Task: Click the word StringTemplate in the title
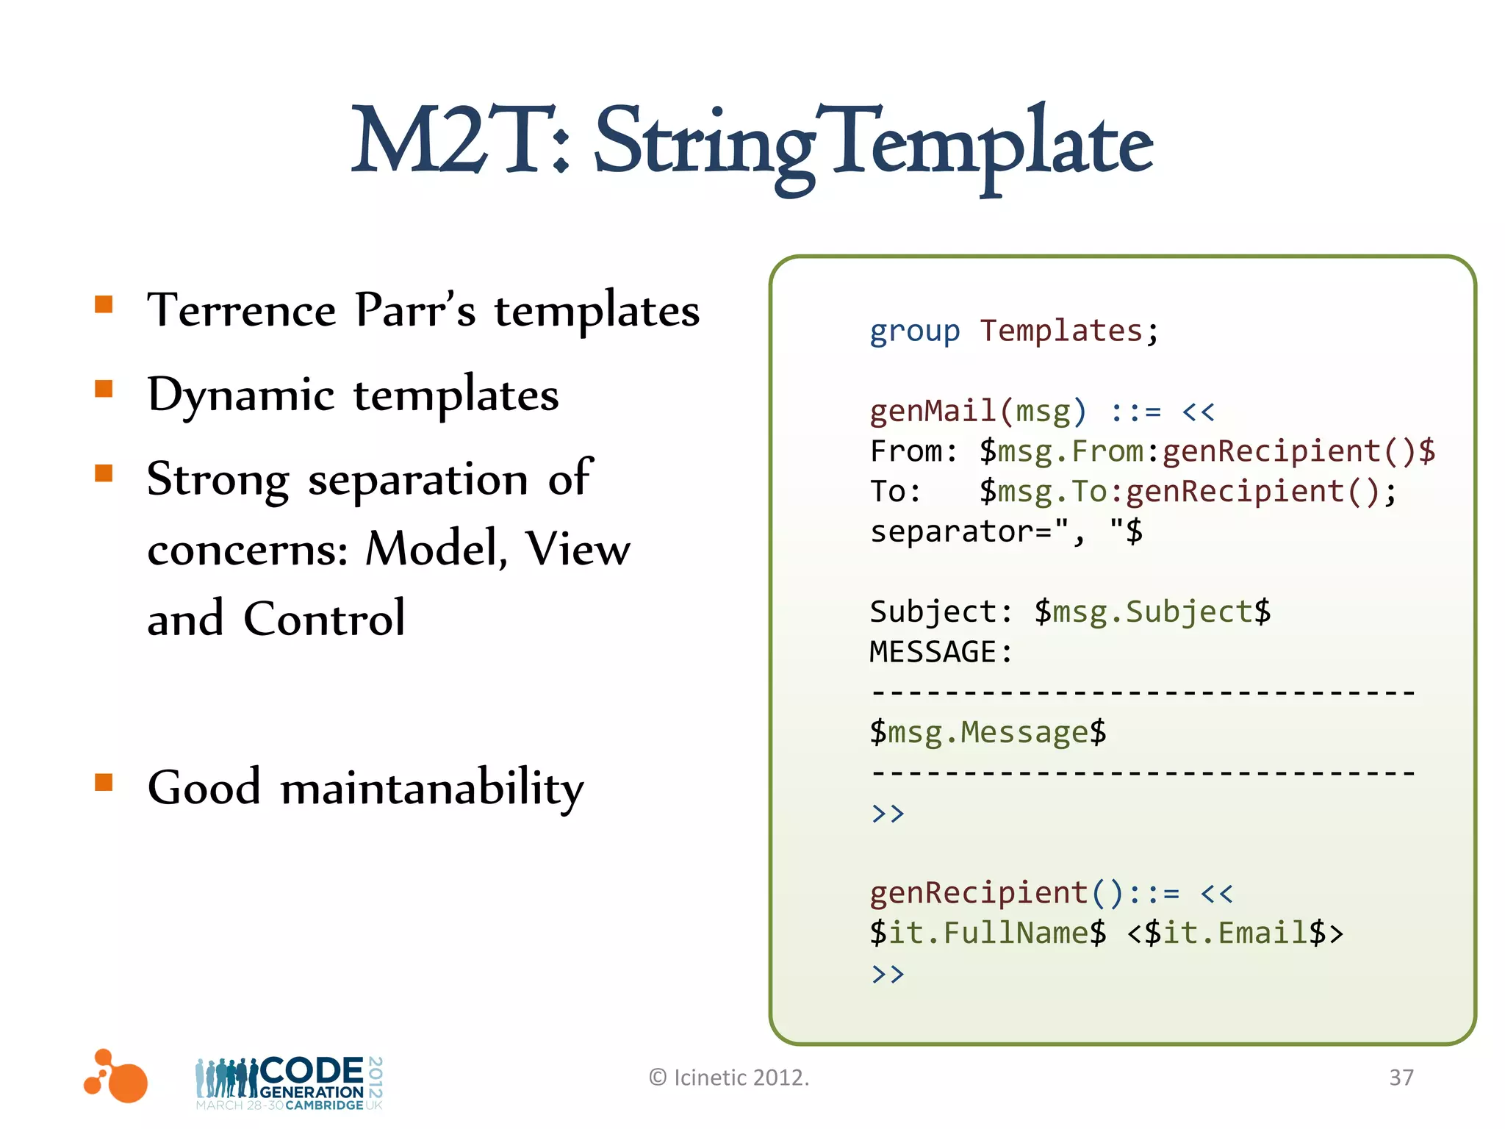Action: [x=873, y=143]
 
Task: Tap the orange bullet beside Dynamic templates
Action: [x=104, y=388]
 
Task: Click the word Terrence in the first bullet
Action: [x=241, y=309]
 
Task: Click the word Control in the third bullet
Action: [x=324, y=618]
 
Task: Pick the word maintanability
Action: [x=432, y=789]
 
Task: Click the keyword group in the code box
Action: [x=914, y=331]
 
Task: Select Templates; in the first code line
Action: [x=1069, y=331]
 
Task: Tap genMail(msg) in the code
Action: [x=977, y=412]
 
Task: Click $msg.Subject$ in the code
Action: [x=1152, y=612]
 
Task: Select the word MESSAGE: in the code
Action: [x=941, y=652]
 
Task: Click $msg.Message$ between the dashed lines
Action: [x=988, y=733]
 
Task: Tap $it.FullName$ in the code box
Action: [x=988, y=933]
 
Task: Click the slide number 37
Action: [x=1401, y=1078]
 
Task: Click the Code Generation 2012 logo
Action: [x=289, y=1083]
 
